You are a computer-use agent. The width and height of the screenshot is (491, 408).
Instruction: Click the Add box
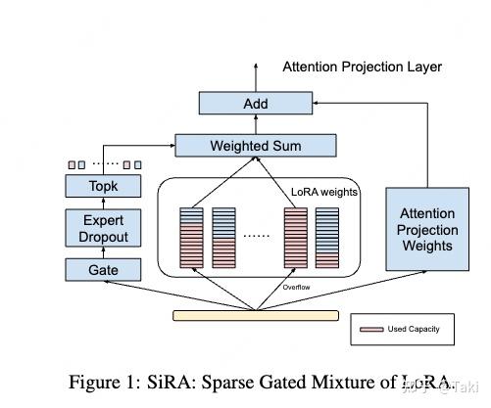point(255,104)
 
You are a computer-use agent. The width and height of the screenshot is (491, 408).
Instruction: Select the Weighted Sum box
point(255,147)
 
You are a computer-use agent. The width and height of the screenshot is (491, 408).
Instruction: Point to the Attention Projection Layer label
point(362,68)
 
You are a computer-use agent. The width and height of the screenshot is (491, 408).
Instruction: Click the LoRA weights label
point(324,192)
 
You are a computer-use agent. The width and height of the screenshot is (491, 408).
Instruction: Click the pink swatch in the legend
point(372,330)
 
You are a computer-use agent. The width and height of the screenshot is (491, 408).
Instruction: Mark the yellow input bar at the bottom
point(255,315)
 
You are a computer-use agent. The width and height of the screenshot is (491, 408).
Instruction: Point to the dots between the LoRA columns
point(259,236)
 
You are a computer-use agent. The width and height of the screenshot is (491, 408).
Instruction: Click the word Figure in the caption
point(96,382)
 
